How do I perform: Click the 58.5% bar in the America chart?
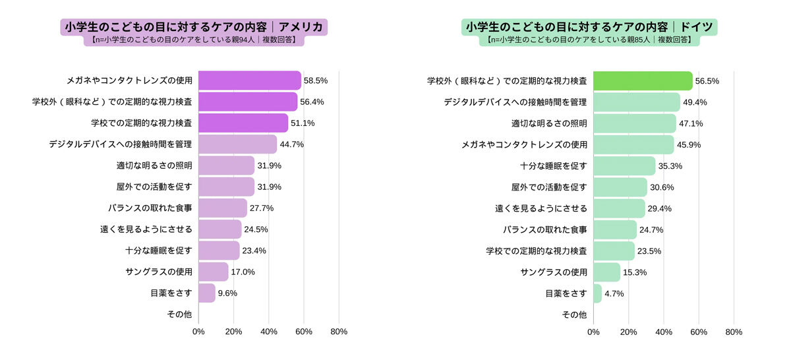coord(249,80)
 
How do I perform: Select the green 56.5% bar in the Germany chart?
coord(643,80)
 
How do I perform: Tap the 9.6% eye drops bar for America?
coord(206,293)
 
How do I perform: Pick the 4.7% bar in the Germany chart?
coord(597,293)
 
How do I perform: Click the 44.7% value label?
coord(291,144)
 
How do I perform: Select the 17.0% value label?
coord(243,272)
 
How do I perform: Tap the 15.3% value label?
coord(634,272)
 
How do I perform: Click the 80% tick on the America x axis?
coord(338,332)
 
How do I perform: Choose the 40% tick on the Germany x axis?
coord(663,332)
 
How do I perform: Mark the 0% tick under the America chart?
coord(198,332)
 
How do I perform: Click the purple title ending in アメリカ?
coord(194,27)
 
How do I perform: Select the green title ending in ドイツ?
coord(589,27)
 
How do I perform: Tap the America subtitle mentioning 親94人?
coord(194,40)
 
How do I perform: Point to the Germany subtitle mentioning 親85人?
coord(589,40)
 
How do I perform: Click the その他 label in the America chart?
coord(179,315)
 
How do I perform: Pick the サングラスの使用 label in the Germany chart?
coord(553,272)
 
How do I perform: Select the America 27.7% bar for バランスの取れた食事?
coord(222,208)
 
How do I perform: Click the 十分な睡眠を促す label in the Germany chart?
coord(553,165)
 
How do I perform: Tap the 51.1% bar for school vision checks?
coord(243,123)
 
